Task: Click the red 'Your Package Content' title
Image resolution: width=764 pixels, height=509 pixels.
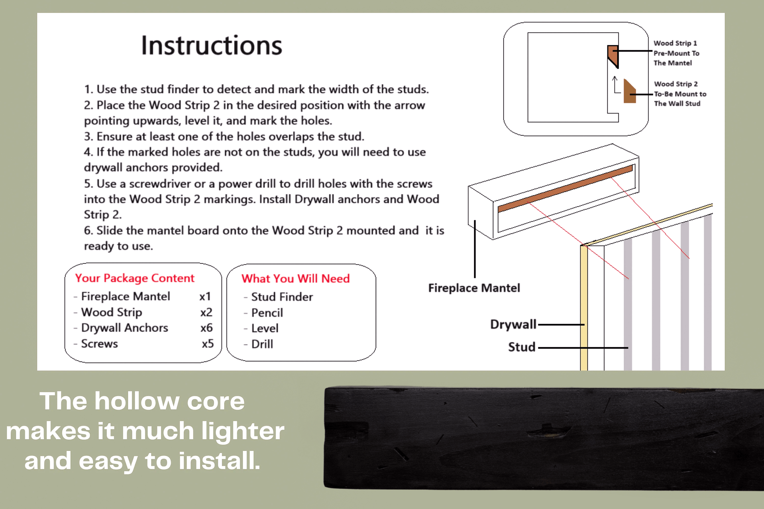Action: click(x=134, y=278)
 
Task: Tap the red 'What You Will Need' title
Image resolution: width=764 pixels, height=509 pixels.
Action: click(x=295, y=279)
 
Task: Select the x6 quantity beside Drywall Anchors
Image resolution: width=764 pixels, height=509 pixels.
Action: click(x=207, y=328)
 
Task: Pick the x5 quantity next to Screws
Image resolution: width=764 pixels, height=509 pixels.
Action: click(x=208, y=344)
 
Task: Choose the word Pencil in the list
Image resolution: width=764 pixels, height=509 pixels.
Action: click(x=267, y=313)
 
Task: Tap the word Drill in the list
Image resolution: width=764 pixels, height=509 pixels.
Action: click(x=262, y=344)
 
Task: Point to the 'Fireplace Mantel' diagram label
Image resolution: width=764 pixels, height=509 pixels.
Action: click(x=474, y=288)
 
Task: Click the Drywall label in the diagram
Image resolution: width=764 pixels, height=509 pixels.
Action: click(x=513, y=324)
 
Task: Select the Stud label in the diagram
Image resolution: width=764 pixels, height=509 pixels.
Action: click(x=522, y=347)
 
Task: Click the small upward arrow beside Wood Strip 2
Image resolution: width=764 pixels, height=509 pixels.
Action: click(x=615, y=84)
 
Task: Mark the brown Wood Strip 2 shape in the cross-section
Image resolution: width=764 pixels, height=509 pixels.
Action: click(x=629, y=93)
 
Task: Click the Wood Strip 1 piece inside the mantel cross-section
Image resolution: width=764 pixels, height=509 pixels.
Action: click(x=613, y=55)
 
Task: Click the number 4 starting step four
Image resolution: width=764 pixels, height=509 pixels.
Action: click(x=87, y=152)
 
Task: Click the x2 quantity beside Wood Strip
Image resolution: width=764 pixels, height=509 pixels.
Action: click(x=206, y=312)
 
